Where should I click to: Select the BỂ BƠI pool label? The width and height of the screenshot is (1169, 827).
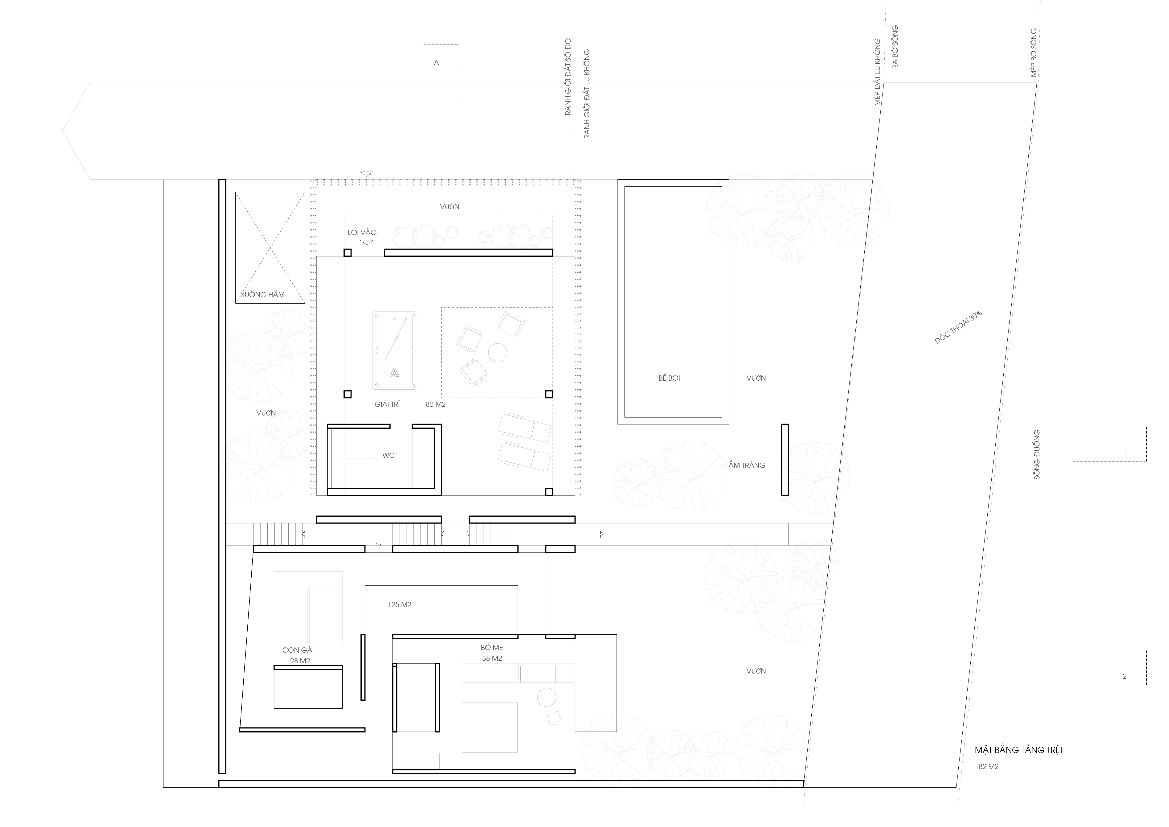pos(669,378)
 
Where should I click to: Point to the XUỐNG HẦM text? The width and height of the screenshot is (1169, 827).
pos(262,294)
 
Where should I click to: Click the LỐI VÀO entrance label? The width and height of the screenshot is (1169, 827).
pos(362,232)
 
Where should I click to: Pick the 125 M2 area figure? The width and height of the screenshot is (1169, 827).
pos(400,605)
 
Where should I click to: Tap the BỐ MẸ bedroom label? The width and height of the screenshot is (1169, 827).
pos(492,647)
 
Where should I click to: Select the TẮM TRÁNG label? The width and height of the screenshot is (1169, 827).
pos(745,465)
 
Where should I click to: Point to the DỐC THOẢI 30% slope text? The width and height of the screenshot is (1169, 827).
pos(958,327)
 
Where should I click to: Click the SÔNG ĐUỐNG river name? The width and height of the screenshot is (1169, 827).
pos(1037,455)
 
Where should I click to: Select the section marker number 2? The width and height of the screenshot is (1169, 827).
pos(1125,676)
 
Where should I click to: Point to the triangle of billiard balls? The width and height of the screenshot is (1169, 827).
pos(395,372)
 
